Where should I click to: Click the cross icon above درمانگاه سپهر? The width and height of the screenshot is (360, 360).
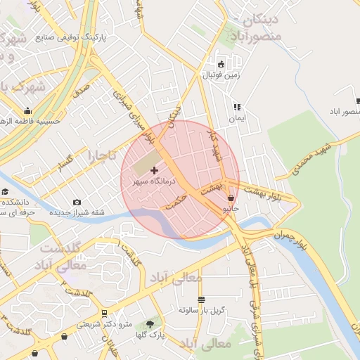coord(155,170)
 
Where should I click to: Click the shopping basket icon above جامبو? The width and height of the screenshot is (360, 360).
coord(231,198)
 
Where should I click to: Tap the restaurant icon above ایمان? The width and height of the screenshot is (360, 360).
coord(237,108)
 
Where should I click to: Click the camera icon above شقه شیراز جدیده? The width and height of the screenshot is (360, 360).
coord(77,202)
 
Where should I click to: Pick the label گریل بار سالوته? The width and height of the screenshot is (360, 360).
coord(201,309)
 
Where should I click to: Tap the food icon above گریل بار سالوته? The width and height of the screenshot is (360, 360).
coord(202,300)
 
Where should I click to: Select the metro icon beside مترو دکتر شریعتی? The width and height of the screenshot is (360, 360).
coord(104,314)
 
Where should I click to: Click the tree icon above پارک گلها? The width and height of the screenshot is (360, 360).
coord(150,324)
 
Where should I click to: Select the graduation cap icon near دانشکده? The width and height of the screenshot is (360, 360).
coord(5,191)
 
